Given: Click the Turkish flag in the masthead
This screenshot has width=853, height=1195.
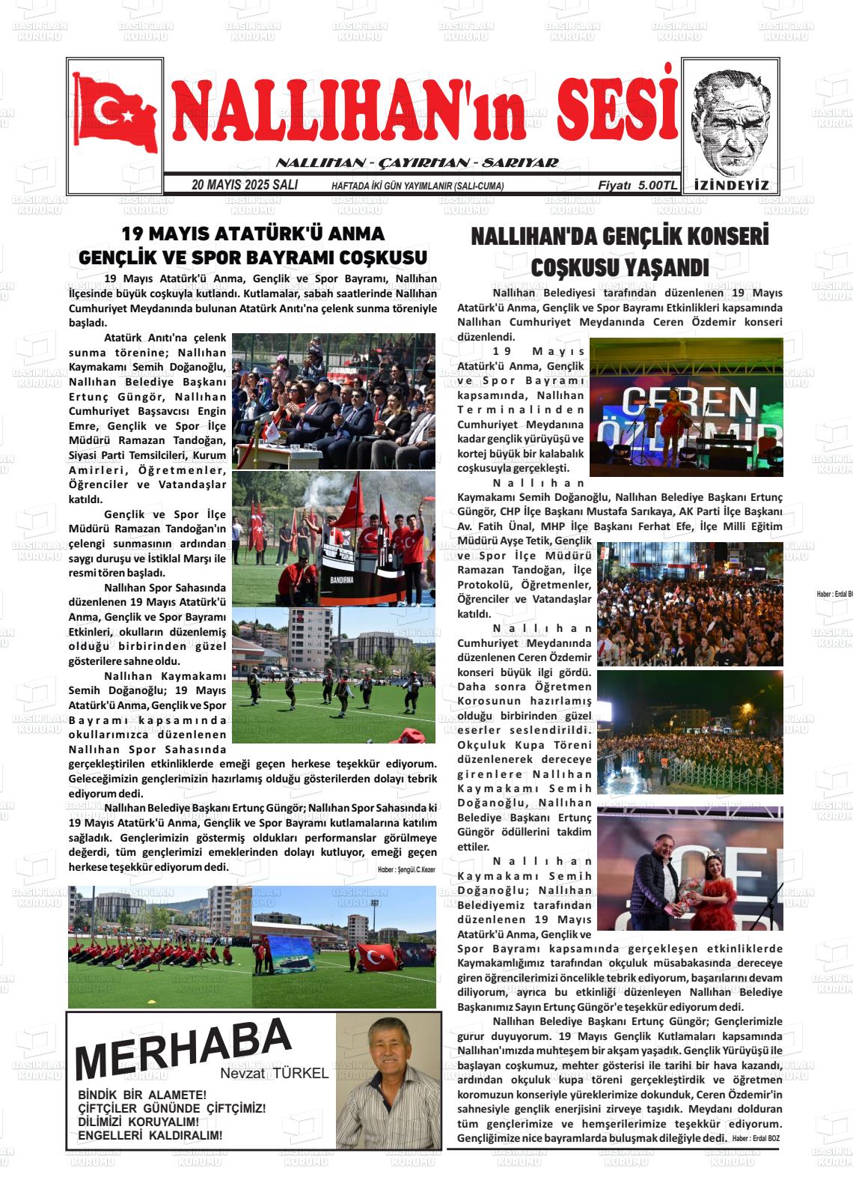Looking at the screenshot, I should [115, 113].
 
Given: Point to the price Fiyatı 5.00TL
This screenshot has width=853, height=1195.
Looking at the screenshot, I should [637, 185].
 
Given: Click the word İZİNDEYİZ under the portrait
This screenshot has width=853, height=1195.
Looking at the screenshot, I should [731, 185].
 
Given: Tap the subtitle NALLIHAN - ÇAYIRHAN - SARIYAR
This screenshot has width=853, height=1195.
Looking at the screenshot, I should [417, 163].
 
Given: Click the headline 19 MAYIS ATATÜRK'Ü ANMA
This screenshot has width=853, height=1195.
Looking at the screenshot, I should [253, 234].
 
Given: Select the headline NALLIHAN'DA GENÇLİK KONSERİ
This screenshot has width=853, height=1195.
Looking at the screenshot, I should [620, 237].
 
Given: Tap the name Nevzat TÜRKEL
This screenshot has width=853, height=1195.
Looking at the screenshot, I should [275, 1074].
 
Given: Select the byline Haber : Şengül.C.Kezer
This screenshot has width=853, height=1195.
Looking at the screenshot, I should [406, 870].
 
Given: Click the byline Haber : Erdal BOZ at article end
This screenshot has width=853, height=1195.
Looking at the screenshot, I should [756, 1138].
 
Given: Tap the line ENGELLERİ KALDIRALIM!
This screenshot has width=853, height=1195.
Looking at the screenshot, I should [150, 1136].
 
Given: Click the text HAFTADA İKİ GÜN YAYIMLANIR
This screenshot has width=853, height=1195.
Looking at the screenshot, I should [417, 186].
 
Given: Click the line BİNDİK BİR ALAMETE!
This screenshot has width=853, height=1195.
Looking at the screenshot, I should [142, 1095].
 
